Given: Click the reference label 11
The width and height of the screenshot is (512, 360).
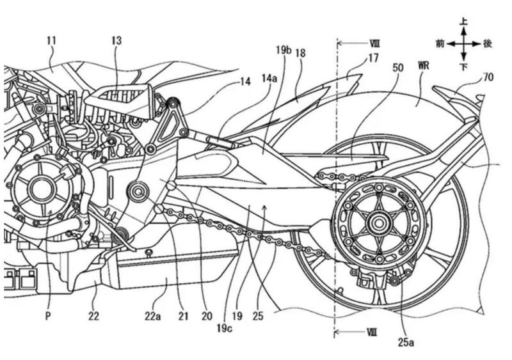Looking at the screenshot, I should [52, 40].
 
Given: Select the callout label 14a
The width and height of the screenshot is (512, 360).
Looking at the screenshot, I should [269, 77].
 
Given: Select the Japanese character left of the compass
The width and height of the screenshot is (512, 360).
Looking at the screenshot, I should [440, 43].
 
